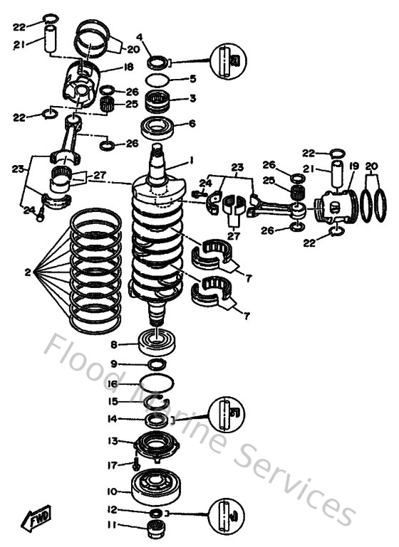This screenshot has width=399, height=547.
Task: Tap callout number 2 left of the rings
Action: point(26,271)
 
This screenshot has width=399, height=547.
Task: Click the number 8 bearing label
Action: point(113,345)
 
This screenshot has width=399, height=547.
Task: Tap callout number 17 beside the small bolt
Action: point(112,466)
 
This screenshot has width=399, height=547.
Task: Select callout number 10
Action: point(112,491)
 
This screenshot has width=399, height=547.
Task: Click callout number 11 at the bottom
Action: point(112,527)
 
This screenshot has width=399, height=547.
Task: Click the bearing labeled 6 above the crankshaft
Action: point(158,129)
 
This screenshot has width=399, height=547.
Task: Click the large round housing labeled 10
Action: point(155,488)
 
